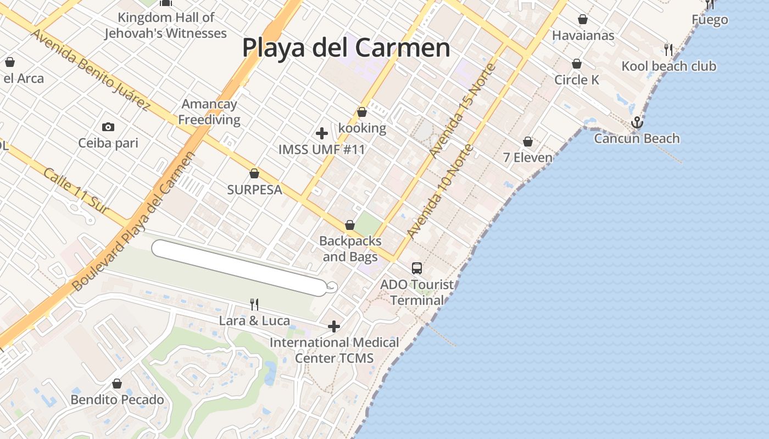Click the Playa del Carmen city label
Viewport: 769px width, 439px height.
coord(346,48)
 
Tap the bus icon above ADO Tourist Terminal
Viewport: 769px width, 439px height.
coord(417,268)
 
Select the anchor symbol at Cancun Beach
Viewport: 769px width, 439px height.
coord(637,122)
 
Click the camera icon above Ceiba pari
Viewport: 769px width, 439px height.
coord(108,127)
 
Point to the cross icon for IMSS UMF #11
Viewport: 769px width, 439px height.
coord(322,133)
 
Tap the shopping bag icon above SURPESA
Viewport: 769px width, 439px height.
coord(254,174)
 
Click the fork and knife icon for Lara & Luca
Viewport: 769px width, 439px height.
coord(254,305)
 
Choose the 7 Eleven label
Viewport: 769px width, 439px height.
coord(528,157)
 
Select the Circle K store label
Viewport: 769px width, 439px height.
coord(577,80)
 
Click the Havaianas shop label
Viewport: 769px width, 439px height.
coord(583,35)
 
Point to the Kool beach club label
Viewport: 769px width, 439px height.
coord(668,66)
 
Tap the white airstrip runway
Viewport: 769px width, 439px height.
coord(239,268)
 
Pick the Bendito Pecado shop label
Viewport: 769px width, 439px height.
coord(117,399)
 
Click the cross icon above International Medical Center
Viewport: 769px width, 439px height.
coord(333,327)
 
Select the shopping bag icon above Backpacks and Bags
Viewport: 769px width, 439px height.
coord(350,226)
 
